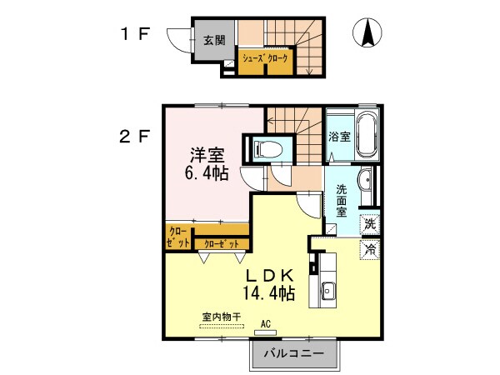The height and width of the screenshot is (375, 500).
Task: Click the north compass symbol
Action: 366,32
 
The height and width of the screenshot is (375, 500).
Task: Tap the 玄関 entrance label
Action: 214,39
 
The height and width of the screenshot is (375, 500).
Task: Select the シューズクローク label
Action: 265,59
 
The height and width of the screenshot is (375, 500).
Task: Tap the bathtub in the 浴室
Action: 367,136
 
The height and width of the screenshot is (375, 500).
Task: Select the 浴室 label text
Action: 337,137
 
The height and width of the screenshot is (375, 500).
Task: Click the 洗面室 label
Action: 341,200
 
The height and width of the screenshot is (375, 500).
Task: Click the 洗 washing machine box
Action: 369,223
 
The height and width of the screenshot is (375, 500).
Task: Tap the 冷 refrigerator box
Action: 369,248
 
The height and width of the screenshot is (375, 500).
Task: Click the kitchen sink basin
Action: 326,291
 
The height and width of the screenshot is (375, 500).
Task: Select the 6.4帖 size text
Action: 207,174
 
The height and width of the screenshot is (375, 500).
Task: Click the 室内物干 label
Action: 221,317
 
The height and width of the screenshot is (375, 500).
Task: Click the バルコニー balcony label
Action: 294,352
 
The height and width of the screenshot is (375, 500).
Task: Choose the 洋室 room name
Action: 207,155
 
